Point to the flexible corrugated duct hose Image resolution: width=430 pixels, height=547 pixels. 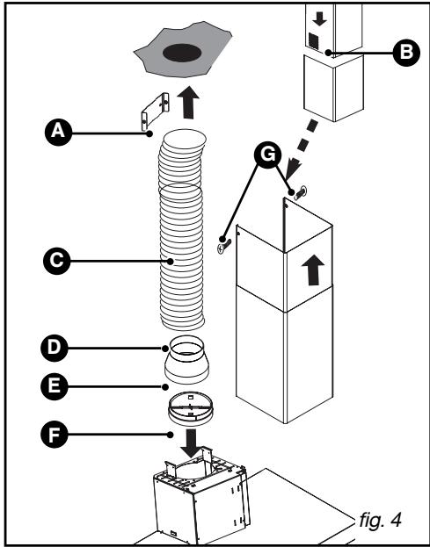pyautogui.click(x=183, y=237)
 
